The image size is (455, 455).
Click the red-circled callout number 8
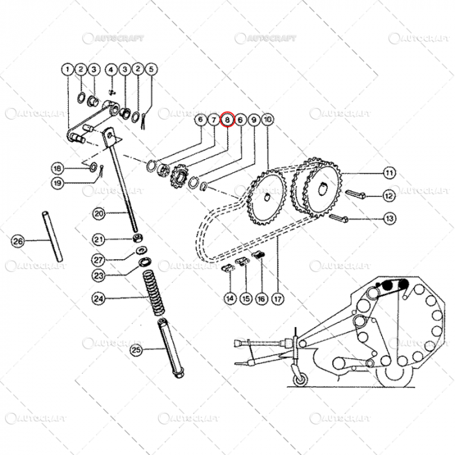[227, 120]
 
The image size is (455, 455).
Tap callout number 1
[67, 69]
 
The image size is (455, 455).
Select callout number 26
[18, 241]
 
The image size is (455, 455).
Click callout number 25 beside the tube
[136, 350]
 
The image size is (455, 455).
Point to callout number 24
[98, 300]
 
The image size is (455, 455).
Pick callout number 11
[389, 174]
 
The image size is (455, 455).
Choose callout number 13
[389, 218]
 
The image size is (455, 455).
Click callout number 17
[278, 299]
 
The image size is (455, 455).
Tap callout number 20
[98, 213]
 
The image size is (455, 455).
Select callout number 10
[267, 120]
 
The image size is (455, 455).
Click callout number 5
[151, 69]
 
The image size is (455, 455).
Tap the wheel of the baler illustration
[301, 379]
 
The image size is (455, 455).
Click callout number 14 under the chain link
[229, 299]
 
